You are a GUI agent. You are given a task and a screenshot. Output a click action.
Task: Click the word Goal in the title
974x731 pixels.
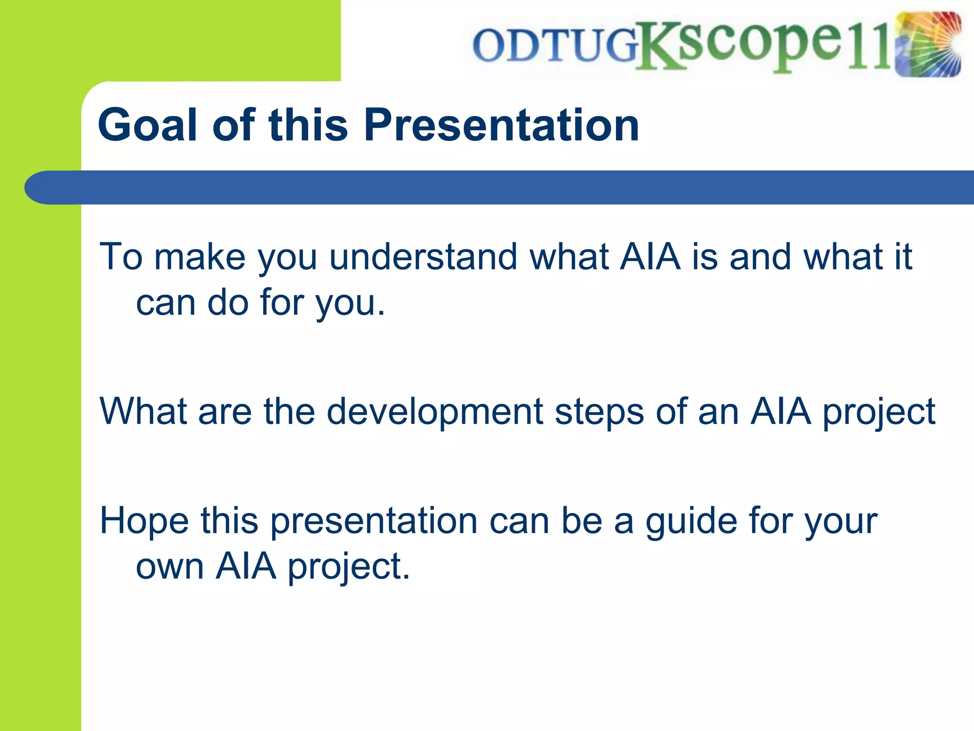click(147, 125)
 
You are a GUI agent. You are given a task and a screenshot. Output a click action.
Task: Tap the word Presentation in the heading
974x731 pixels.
click(501, 125)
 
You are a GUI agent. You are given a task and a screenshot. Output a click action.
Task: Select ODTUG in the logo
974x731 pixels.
click(555, 46)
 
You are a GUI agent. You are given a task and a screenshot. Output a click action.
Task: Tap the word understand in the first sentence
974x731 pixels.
click(423, 257)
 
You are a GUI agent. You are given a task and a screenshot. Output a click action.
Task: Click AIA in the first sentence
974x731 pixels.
click(650, 257)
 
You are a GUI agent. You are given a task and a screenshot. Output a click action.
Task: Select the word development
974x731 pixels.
click(435, 412)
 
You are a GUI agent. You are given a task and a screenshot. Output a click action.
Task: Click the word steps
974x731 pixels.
click(599, 413)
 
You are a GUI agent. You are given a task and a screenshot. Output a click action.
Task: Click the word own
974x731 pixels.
click(170, 567)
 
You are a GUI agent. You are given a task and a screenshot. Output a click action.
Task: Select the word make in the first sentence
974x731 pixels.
click(200, 257)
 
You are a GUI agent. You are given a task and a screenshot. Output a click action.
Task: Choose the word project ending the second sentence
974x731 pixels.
click(879, 413)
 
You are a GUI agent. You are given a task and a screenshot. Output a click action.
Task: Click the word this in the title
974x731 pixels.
click(308, 125)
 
